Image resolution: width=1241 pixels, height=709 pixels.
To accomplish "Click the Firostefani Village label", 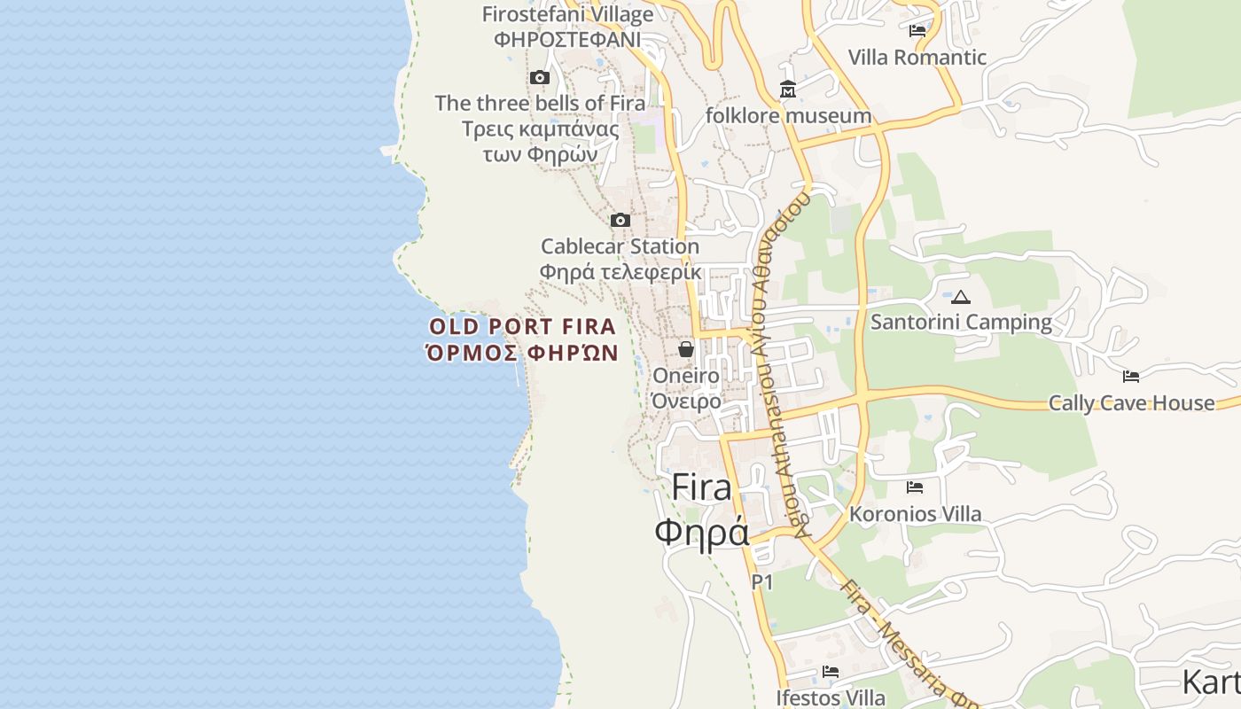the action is click(x=567, y=15).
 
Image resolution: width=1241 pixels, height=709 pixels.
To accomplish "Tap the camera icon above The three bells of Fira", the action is click(x=539, y=78).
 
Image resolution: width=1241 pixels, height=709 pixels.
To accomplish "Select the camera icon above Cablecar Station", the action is click(x=620, y=220).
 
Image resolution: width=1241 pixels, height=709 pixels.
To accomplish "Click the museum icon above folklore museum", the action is click(x=788, y=90).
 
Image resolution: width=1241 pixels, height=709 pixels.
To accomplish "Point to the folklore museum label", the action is click(x=788, y=116).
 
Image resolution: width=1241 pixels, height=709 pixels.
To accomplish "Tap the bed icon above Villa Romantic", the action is click(x=917, y=31).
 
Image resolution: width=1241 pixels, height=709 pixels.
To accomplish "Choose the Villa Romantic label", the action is click(x=917, y=58).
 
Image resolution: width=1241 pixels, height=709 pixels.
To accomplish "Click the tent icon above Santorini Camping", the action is click(x=961, y=297).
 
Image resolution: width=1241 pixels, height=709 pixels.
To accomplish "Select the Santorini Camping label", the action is click(x=961, y=322).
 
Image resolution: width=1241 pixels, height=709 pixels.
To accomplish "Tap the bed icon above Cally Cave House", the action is click(x=1131, y=377).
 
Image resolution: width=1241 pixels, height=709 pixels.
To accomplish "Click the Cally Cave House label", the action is click(x=1131, y=403).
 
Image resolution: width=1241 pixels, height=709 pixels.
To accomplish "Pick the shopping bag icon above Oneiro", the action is click(x=686, y=349).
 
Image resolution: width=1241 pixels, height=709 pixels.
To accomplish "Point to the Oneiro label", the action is click(x=686, y=376).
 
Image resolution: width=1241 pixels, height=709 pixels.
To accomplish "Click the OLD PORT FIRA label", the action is click(x=522, y=326).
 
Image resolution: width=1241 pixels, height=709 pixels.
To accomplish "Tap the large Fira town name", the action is click(x=702, y=487).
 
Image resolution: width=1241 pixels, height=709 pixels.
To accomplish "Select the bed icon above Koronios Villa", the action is click(x=915, y=487).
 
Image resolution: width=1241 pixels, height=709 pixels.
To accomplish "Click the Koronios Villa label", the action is click(x=915, y=514).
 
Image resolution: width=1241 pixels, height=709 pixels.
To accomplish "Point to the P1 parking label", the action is click(x=762, y=582).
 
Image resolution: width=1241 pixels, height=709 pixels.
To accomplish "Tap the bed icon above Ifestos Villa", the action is click(x=831, y=672).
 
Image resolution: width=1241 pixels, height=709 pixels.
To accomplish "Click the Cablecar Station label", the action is click(x=620, y=246).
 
